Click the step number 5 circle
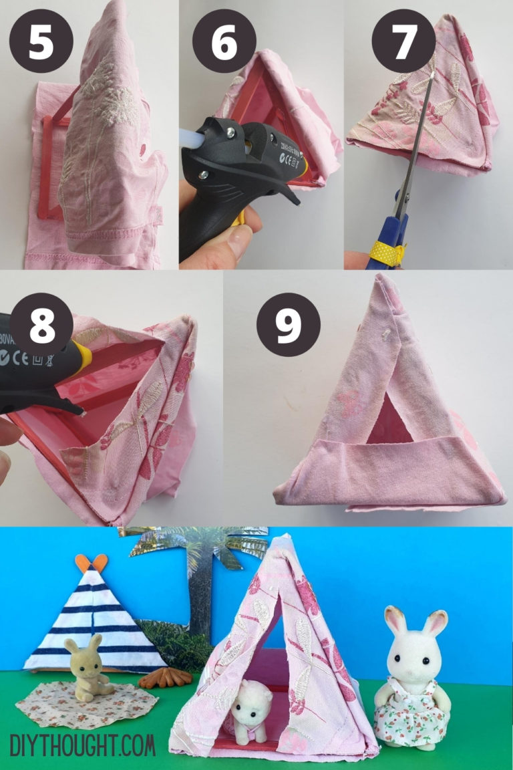[41, 41]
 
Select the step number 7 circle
[403, 41]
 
